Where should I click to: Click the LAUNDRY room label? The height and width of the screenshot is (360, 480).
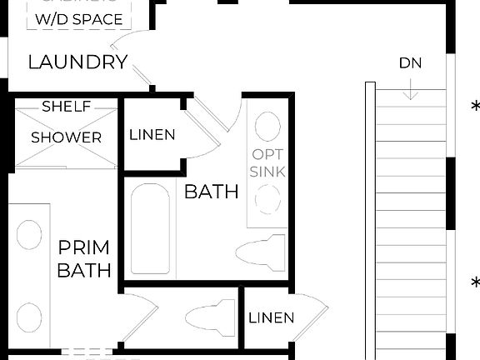pos(77,62)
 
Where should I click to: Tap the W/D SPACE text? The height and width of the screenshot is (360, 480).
pos(78,19)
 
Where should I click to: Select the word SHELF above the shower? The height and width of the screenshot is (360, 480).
pos(67,107)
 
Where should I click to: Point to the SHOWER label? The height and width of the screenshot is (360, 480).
pos(67,137)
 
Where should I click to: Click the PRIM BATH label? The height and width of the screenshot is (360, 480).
pos(84,259)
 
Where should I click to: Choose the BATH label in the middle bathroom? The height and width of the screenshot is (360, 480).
pos(211,192)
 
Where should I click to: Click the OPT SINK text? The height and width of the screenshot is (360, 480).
pos(268,163)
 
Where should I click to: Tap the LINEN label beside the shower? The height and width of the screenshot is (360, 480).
pos(152,135)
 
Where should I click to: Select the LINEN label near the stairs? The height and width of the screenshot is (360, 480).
pos(272,317)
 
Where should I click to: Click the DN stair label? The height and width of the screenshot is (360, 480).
pos(409,62)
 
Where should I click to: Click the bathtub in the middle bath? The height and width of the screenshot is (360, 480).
pos(151,230)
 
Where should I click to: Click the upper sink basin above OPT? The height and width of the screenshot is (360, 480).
pos(267,127)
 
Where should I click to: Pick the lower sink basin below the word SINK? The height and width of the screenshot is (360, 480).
pos(267,200)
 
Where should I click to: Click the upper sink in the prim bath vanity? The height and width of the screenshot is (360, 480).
pos(30,236)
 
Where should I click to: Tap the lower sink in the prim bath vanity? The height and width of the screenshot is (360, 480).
pos(30,317)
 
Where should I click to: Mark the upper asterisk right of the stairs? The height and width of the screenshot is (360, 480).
pos(475,107)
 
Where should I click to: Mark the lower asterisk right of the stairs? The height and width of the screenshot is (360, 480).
pos(475,283)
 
